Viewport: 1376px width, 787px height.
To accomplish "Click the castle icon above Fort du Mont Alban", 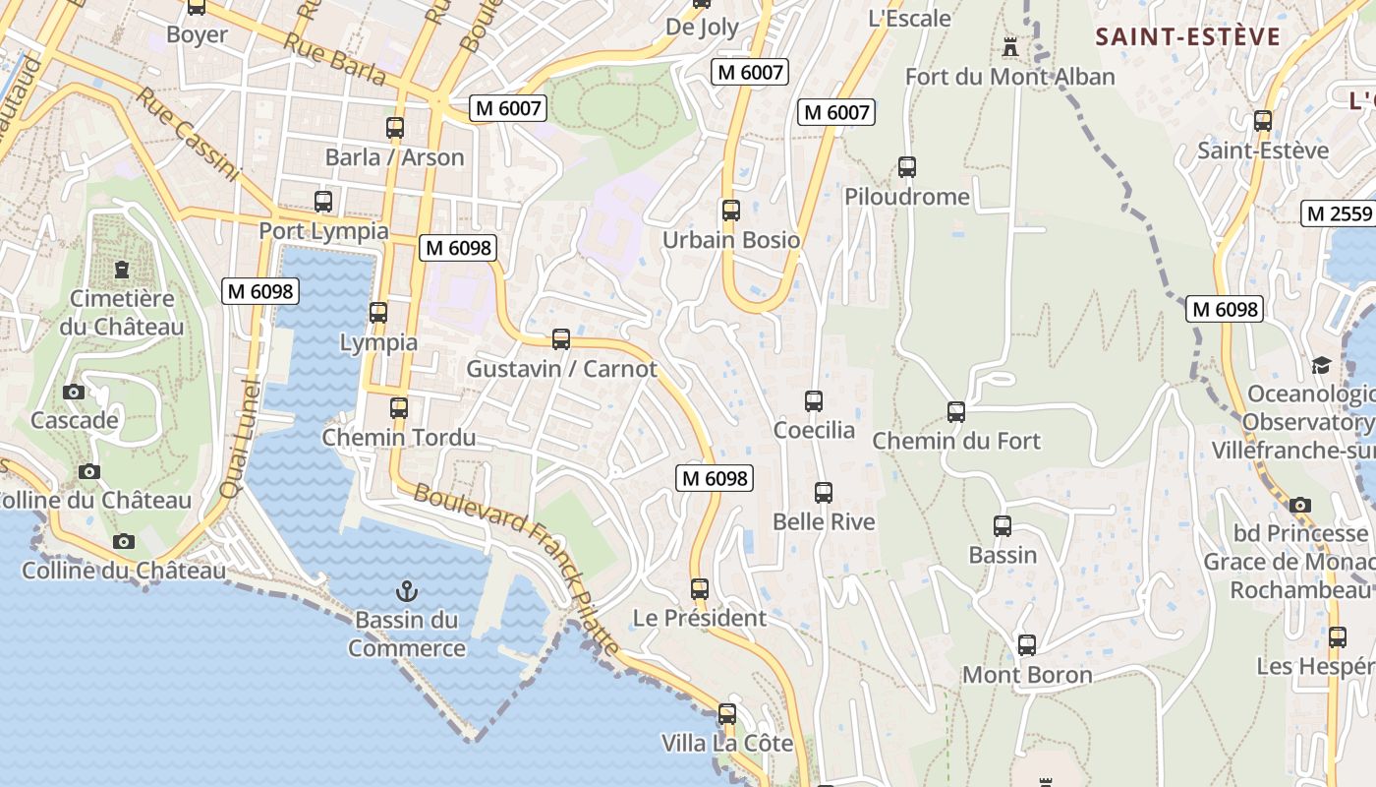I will tap(1009, 46).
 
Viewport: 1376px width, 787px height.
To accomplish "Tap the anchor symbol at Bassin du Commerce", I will tap(405, 591).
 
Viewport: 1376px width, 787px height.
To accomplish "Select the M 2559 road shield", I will tap(1338, 213).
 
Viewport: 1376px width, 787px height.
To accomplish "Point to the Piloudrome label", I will tap(906, 197).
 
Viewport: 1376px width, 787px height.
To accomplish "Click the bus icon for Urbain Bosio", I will tap(730, 211).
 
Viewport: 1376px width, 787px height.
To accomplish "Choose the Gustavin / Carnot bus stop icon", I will tap(561, 339).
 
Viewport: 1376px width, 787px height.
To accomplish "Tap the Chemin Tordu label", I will tap(399, 437).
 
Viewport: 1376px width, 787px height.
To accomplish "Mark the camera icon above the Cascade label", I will tap(74, 392).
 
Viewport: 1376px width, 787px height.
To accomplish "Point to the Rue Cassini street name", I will tap(187, 135).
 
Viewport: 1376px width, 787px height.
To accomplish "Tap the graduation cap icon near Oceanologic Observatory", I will tap(1321, 366).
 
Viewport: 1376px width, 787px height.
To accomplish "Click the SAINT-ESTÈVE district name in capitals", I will tap(1188, 37).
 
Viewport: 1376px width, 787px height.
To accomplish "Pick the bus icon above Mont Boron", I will tap(1027, 645).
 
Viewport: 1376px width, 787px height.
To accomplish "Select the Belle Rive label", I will tap(824, 521).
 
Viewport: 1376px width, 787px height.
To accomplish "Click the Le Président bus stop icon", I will tap(700, 589).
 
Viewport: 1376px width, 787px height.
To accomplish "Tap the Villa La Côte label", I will tap(726, 743).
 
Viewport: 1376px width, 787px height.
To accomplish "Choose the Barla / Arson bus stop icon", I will tap(395, 128).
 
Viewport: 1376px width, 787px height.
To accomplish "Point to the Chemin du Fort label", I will tap(955, 441).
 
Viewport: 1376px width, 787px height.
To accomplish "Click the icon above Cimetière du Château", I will tap(122, 269).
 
